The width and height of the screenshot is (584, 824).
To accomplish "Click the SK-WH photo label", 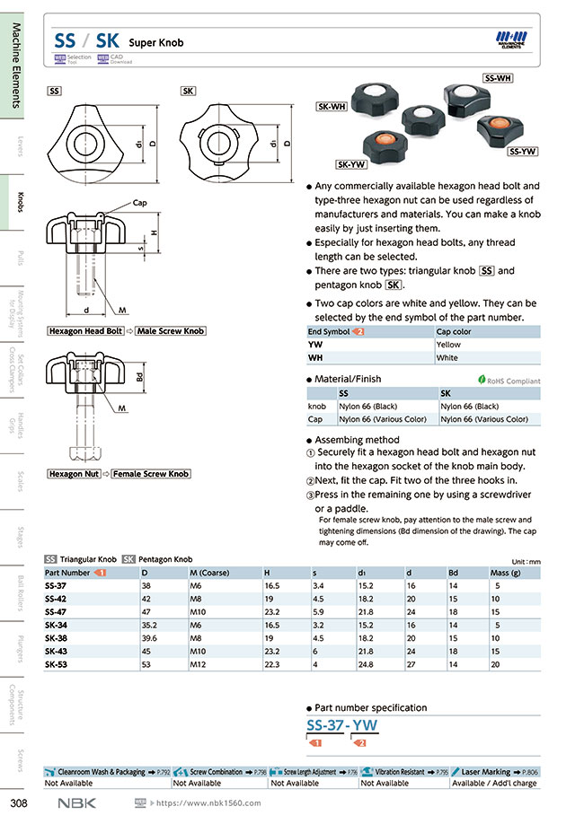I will point(332,106).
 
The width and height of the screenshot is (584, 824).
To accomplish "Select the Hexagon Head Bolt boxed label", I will point(85,331).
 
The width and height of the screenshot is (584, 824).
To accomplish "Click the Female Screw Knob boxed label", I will point(150,474).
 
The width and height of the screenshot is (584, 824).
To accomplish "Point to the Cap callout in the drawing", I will point(139,203).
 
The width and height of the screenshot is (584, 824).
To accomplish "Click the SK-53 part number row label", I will point(55,664).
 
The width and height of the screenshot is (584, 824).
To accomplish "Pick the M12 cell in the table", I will point(199,664).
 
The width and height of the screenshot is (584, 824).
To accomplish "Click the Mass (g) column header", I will point(506,573).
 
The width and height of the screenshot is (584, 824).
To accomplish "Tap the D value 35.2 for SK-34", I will point(149,625).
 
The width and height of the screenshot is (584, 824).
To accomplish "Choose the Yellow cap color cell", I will point(448,345).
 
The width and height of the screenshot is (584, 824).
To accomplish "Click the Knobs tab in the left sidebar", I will point(19,203).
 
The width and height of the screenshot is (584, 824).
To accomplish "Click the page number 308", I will point(18,802).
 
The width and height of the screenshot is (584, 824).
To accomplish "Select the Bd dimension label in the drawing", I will point(140,377).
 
